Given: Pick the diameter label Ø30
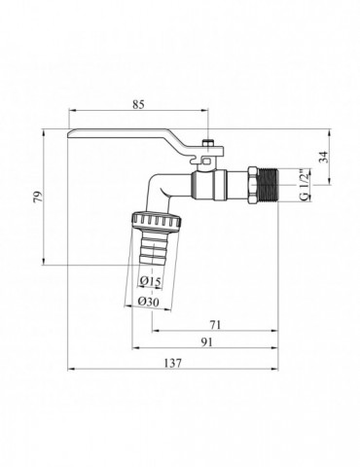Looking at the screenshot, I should (150, 301).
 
